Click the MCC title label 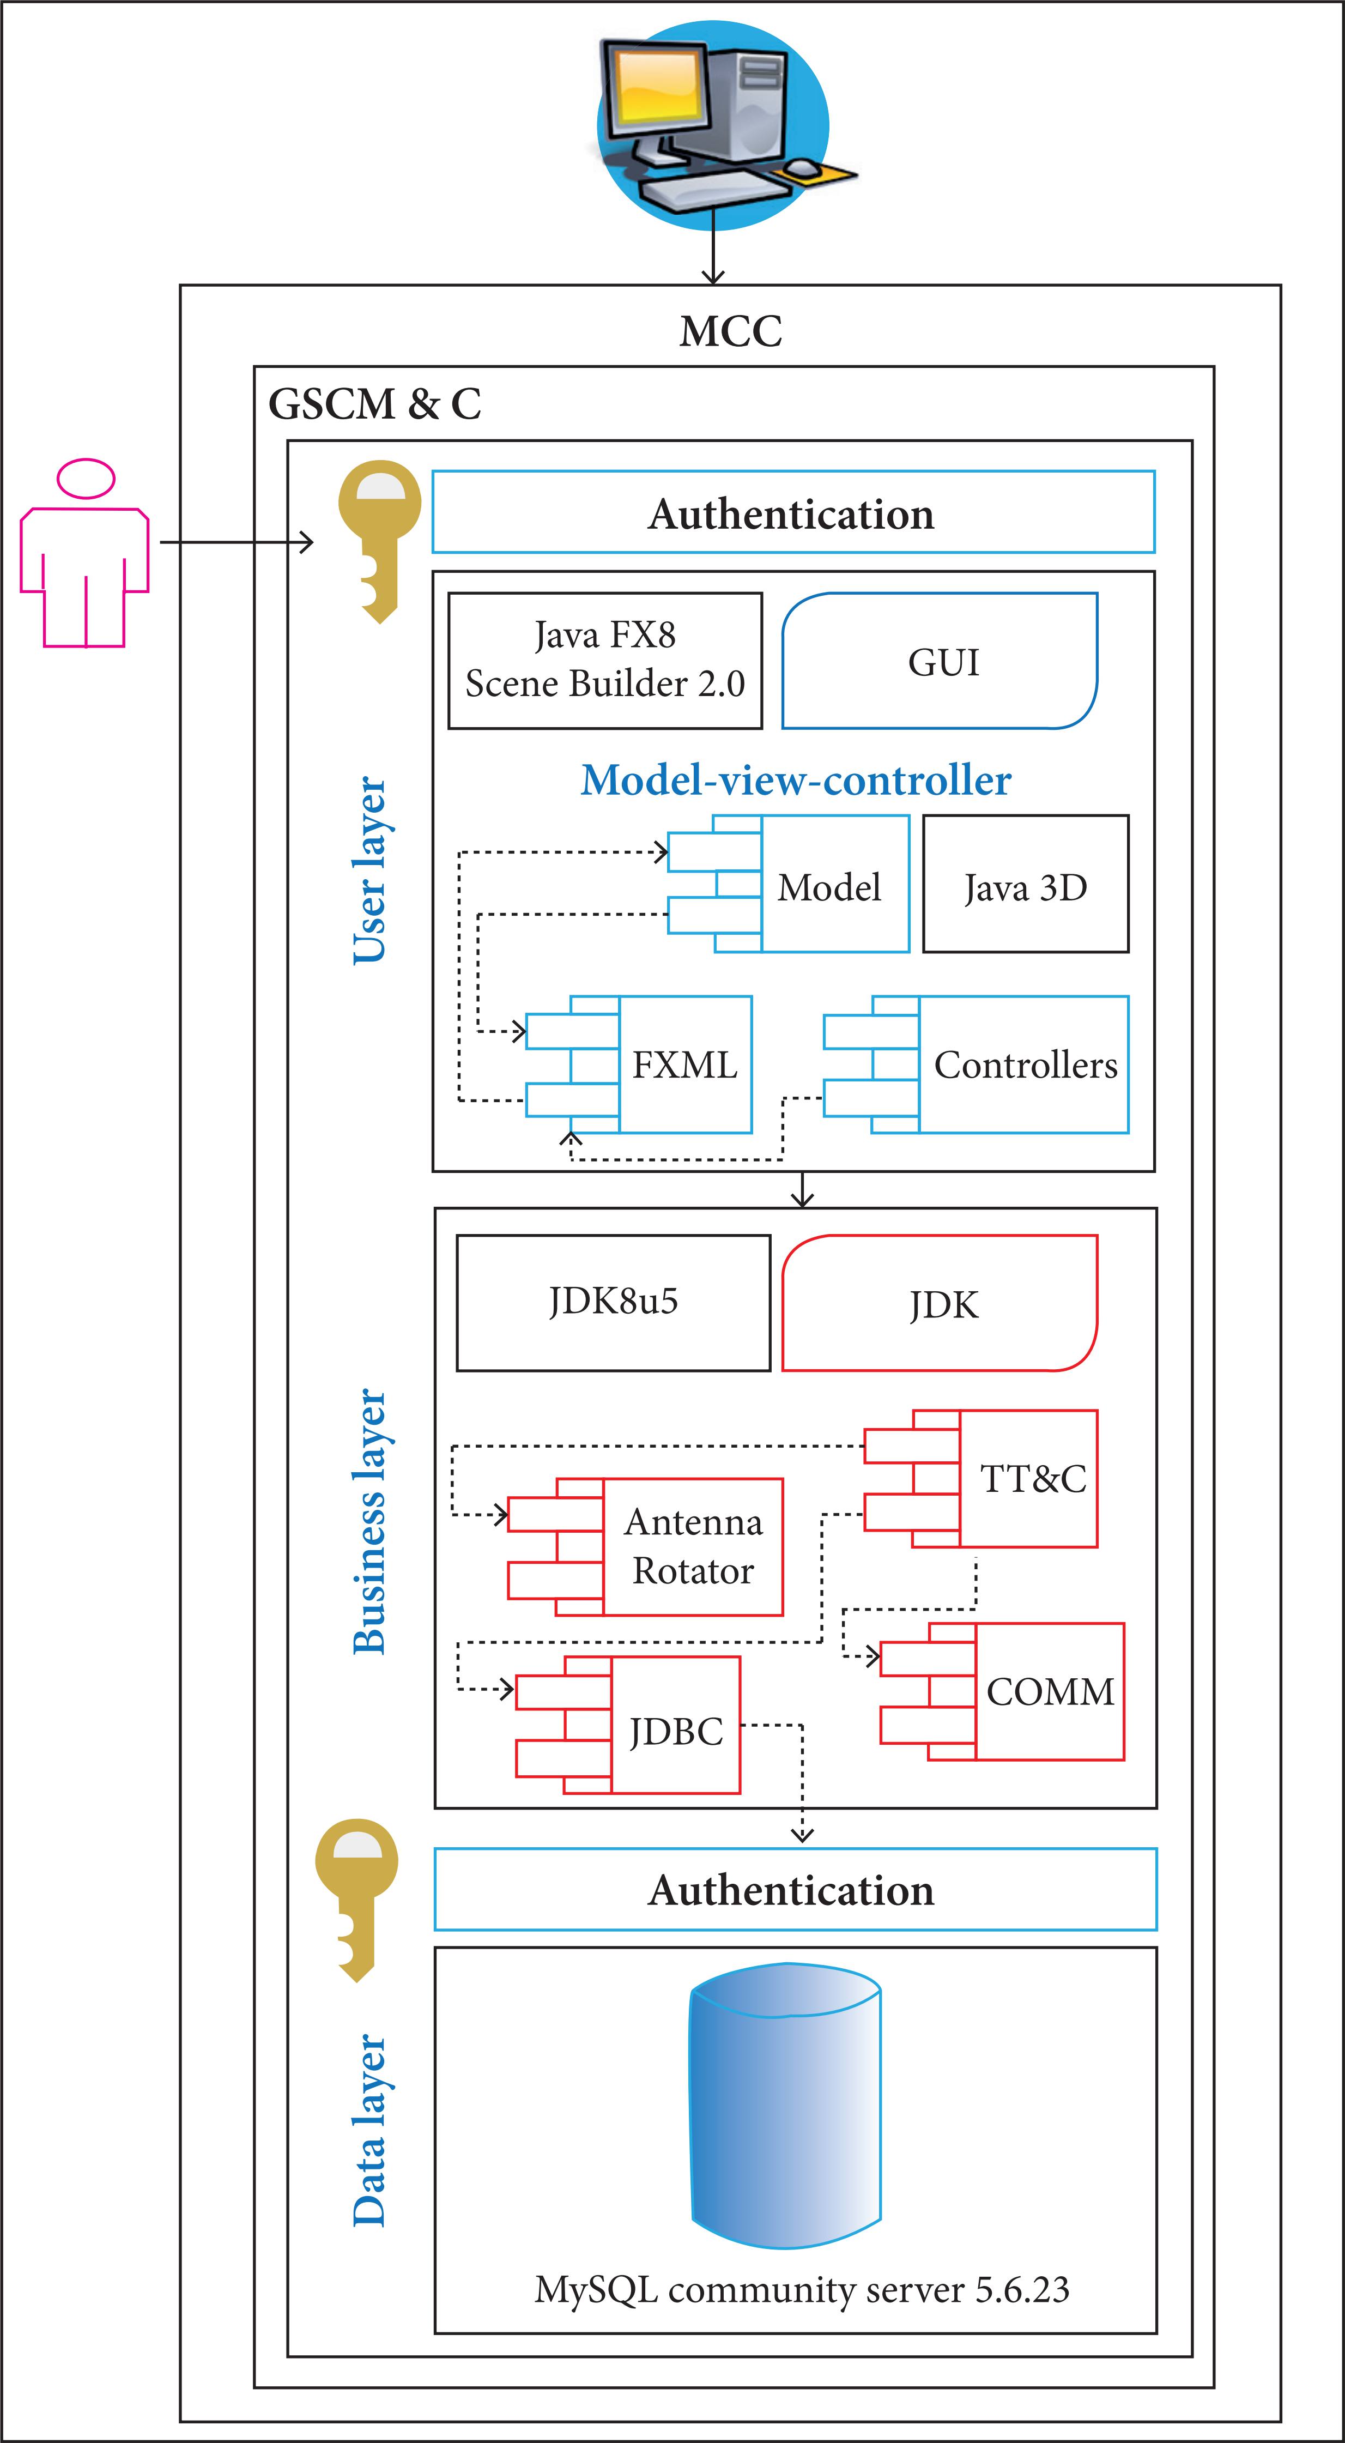[x=730, y=331]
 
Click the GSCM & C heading [x=374, y=404]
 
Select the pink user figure [x=86, y=555]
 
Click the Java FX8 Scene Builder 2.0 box [x=605, y=660]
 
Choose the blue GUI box [x=939, y=661]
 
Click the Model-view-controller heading [x=796, y=781]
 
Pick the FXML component [x=683, y=1064]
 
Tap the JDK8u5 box [x=613, y=1302]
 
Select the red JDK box [x=939, y=1303]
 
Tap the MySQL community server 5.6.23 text [x=802, y=2289]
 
